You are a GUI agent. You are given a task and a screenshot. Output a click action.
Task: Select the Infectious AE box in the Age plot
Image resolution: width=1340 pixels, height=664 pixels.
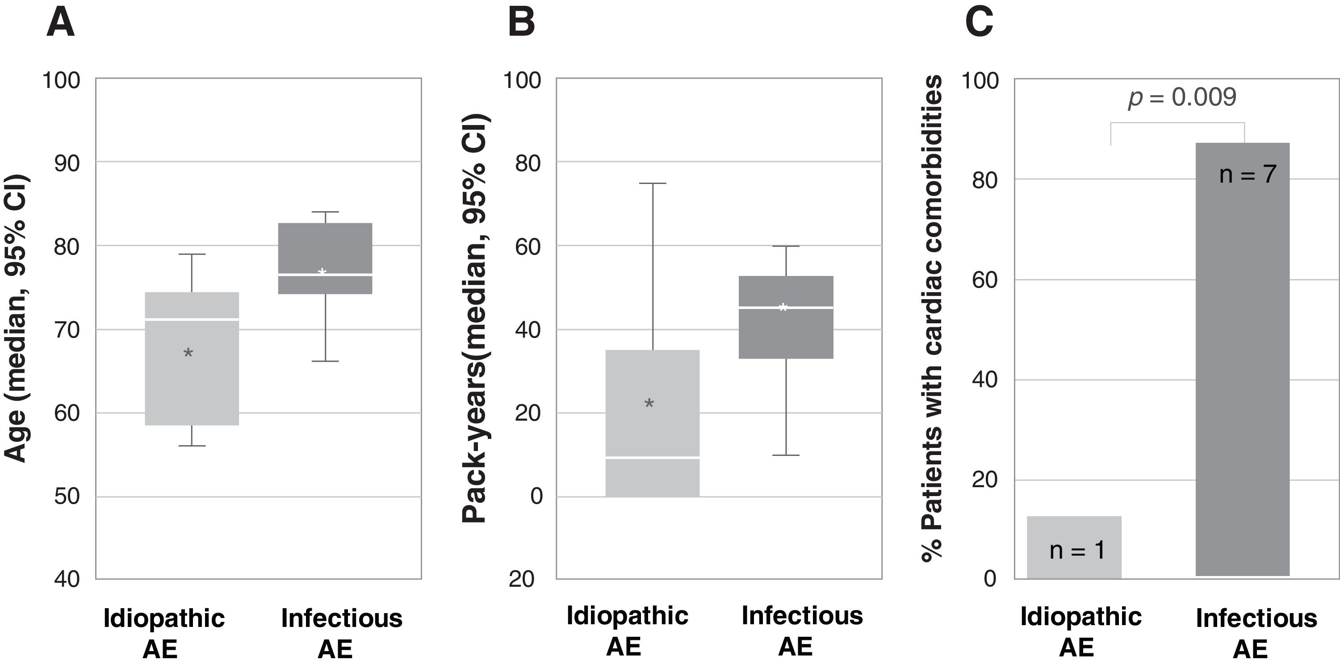coord(325,250)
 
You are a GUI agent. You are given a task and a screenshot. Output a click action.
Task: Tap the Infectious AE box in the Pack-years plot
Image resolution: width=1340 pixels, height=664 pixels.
coord(786,333)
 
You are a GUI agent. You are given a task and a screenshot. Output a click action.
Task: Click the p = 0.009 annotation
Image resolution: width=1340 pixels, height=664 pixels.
coord(1182,97)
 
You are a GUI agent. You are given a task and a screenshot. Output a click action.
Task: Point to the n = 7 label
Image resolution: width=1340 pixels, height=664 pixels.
coord(1248,174)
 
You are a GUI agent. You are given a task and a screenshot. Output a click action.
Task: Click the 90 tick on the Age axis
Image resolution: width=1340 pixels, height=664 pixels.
coord(67,163)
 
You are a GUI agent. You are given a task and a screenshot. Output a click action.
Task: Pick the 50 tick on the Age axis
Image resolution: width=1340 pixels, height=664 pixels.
coord(67,496)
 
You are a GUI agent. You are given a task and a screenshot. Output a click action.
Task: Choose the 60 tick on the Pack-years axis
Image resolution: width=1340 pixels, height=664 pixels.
coord(528,246)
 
